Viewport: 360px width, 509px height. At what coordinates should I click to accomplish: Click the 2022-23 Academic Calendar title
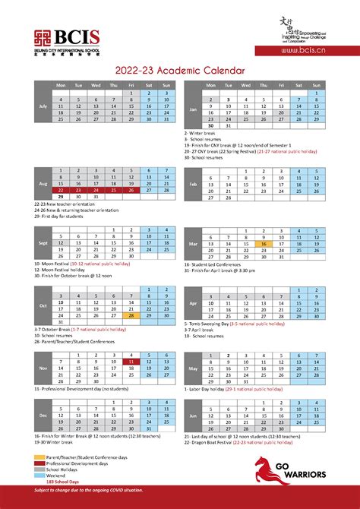pos(180,69)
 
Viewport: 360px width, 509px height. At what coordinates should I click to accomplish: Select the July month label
pos(42,106)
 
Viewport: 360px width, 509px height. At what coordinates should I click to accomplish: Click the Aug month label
pos(42,184)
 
